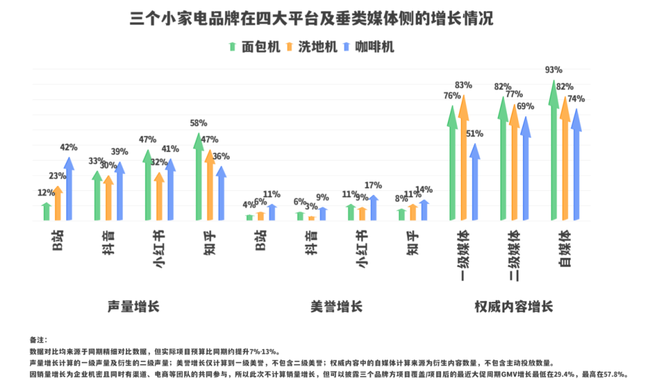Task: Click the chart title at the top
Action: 312,19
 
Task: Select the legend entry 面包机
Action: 254,47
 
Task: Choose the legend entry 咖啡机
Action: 368,47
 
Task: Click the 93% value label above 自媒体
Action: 553,70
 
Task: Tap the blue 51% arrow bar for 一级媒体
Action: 475,183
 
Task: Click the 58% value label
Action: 198,123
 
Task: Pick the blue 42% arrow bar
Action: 69,189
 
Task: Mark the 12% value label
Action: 46,193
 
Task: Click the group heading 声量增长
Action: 133,306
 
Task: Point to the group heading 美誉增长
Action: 336,306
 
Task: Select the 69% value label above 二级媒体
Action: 525,106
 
